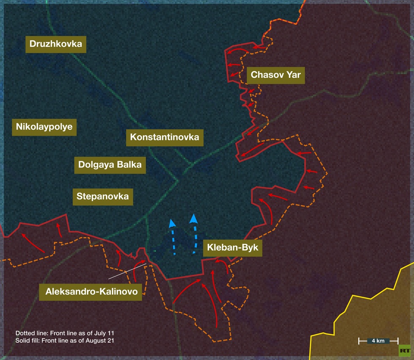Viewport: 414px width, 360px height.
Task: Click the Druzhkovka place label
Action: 56,44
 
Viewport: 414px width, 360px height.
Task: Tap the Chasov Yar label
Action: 275,75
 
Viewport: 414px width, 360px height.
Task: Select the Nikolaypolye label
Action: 44,126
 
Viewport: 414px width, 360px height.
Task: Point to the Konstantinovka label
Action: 164,137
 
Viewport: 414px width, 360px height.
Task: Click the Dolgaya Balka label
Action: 110,165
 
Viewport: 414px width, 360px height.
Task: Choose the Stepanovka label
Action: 103,196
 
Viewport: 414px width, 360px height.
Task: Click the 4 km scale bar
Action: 378,341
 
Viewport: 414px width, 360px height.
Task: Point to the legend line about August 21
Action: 65,340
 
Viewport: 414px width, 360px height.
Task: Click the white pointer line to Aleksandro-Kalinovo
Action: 127,271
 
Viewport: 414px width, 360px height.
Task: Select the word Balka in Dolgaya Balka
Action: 127,165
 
